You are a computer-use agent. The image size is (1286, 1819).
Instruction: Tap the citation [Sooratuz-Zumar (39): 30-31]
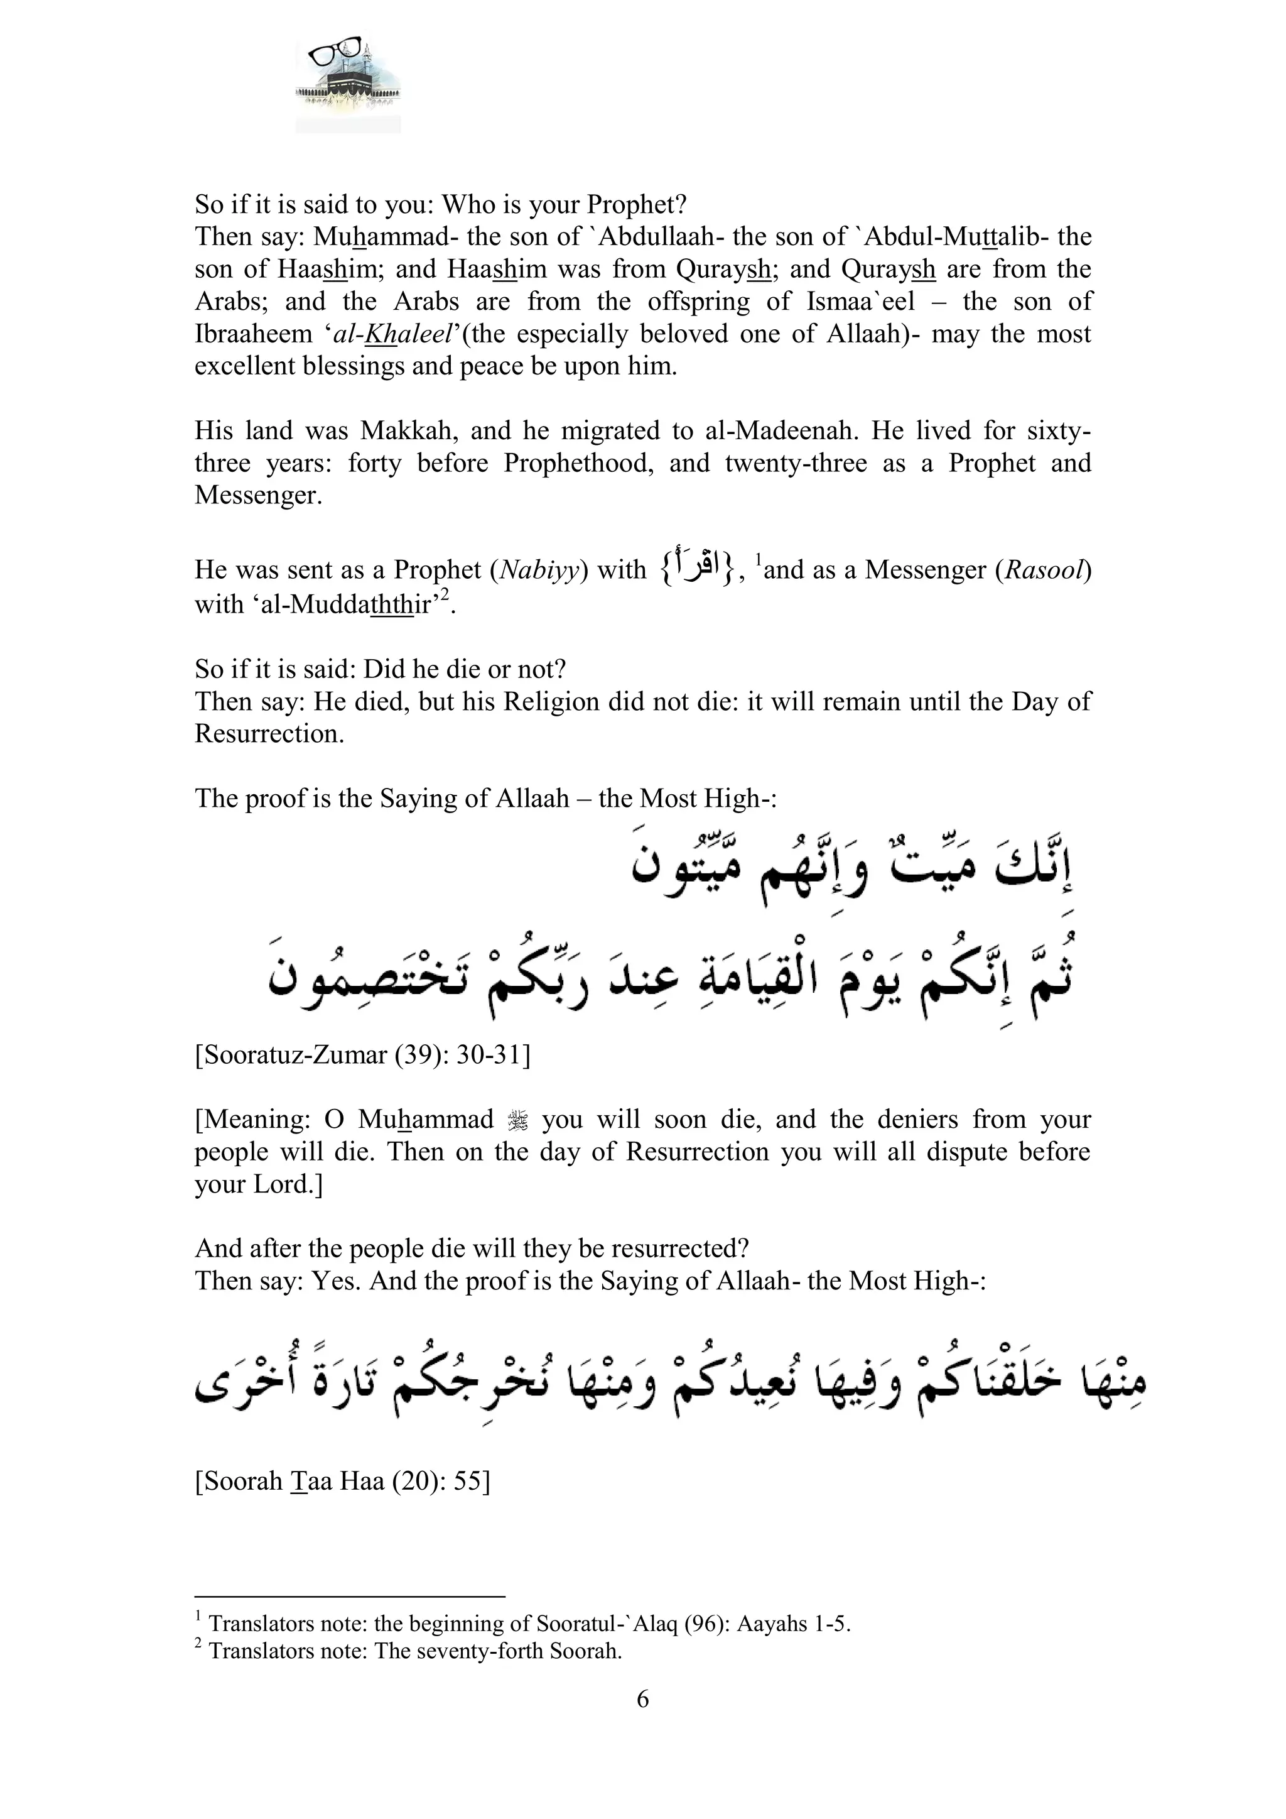(363, 1056)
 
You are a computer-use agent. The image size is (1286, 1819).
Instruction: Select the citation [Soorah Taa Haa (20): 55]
(342, 1481)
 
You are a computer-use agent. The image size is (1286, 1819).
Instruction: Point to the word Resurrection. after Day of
(269, 735)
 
